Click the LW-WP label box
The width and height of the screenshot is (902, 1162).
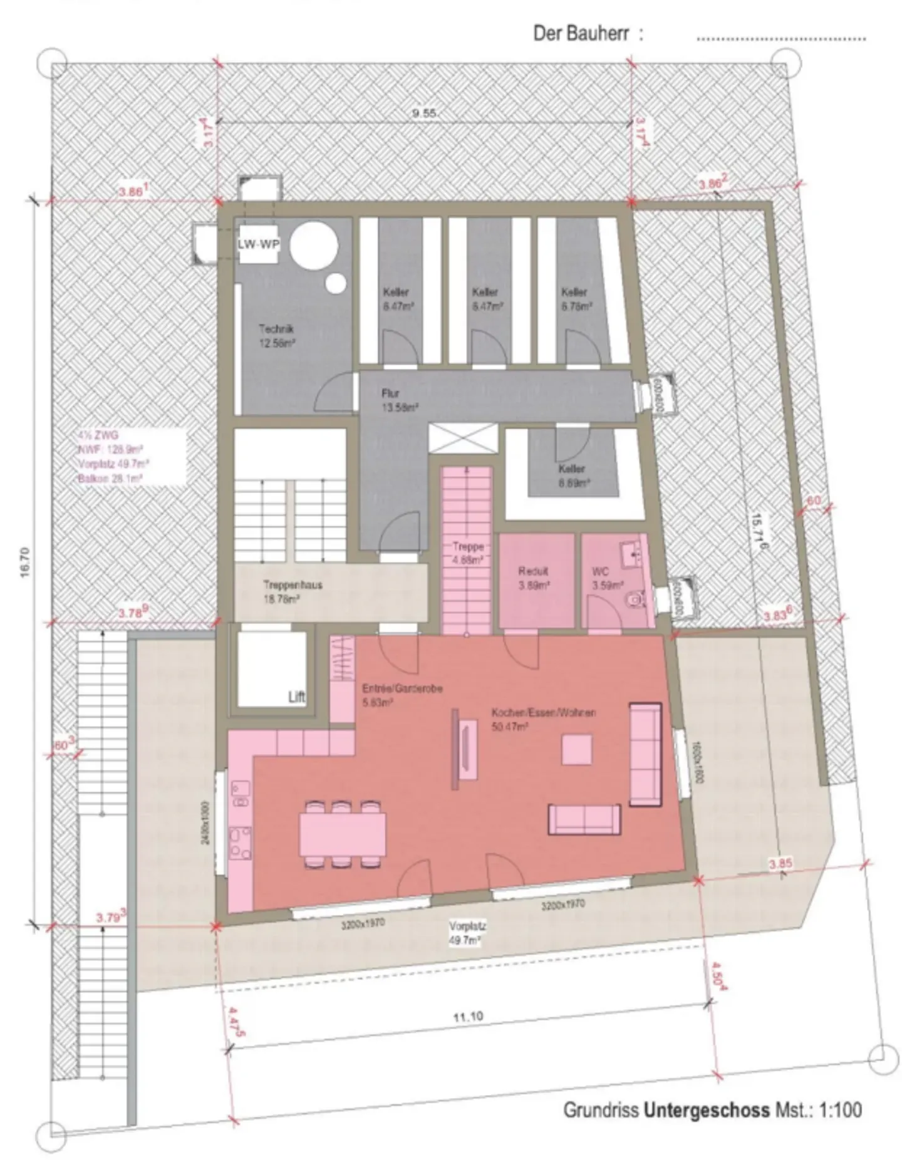258,244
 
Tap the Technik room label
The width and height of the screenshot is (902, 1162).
276,335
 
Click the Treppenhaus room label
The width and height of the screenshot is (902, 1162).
293,591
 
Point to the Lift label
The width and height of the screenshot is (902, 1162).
296,697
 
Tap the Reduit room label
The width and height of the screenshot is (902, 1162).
534,578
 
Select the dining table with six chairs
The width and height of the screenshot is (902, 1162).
343,834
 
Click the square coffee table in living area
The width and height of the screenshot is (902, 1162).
576,750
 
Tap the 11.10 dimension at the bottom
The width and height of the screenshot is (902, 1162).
468,1034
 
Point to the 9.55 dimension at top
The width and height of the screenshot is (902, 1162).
425,113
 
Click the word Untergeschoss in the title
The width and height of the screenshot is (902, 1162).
707,1110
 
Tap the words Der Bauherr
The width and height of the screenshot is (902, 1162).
581,33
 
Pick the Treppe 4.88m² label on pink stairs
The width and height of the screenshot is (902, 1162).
468,553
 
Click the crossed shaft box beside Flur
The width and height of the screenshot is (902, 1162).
463,437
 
